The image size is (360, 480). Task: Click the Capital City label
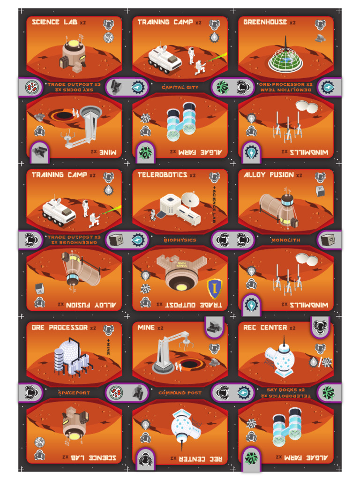click(x=180, y=87)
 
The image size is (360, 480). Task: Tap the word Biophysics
click(x=180, y=240)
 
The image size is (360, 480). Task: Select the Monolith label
click(x=286, y=240)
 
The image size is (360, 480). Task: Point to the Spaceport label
click(x=74, y=393)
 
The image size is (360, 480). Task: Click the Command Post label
click(x=180, y=393)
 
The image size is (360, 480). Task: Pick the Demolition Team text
click(x=286, y=90)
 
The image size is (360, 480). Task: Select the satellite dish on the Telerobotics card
click(x=190, y=199)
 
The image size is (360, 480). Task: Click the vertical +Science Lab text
click(x=214, y=204)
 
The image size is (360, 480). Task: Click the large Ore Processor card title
click(x=60, y=328)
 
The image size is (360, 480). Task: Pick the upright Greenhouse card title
click(x=265, y=22)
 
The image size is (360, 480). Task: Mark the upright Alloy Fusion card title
click(x=269, y=175)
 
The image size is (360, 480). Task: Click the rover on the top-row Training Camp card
click(x=165, y=59)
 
